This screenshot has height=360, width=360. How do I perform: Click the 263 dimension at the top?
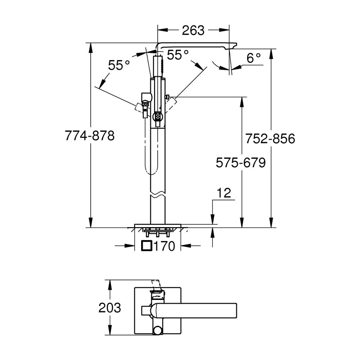pos(193,31)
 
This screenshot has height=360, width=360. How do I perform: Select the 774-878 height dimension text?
pos(90,135)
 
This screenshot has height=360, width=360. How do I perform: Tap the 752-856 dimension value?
pos(270,139)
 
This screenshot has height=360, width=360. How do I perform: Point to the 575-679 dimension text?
pos(240,163)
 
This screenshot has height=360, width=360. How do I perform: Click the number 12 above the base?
pos(224,193)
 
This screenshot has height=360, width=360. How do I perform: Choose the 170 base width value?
pos(164,246)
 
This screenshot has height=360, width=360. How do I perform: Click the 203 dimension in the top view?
pos(110,308)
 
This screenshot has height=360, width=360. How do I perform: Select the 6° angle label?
pos(254,58)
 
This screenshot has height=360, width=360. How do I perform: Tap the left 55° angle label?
pos(119,65)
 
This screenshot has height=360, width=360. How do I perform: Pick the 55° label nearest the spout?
pos(177,55)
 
